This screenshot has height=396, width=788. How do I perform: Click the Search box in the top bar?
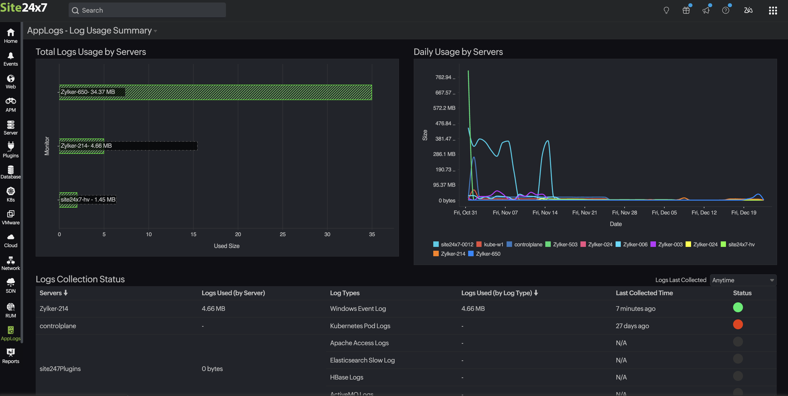147,10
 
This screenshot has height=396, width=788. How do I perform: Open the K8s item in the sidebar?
11,194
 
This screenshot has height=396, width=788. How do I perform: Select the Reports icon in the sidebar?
11,356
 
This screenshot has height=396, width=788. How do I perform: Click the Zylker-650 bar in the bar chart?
245,92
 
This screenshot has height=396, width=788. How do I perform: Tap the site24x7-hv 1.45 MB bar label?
88,200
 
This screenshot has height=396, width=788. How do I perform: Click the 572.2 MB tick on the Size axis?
444,108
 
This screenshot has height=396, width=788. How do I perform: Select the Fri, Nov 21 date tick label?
584,212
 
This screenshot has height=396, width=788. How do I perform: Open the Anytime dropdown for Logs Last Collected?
742,280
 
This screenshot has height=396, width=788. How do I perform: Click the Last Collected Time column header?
644,293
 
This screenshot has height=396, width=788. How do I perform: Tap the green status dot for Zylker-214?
737,307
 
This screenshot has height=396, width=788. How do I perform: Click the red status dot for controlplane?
737,324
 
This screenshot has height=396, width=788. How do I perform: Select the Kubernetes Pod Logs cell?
360,326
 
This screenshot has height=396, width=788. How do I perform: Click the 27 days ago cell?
632,326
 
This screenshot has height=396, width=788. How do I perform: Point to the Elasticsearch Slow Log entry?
362,360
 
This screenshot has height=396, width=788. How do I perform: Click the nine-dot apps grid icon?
773,10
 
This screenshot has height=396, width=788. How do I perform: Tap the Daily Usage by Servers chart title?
458,52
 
